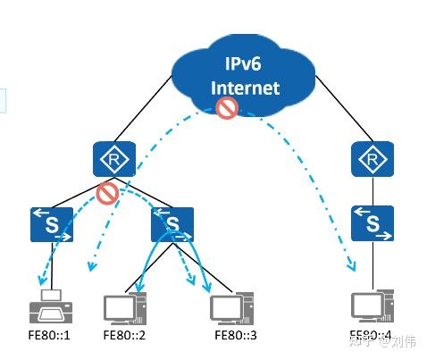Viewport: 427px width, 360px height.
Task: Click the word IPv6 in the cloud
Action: tap(244, 64)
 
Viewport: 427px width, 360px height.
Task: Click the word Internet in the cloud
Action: tap(244, 88)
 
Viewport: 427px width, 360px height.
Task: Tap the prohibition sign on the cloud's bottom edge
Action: tap(227, 110)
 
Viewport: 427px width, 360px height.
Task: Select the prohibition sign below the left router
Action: tap(108, 193)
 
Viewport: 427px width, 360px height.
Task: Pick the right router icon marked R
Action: tap(369, 159)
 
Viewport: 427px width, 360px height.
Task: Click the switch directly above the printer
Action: tap(51, 223)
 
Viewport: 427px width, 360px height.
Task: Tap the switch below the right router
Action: tap(372, 223)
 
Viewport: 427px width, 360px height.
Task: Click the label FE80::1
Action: tap(48, 336)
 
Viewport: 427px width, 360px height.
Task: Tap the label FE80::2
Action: tap(124, 336)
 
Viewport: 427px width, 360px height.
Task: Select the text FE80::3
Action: tap(236, 336)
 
